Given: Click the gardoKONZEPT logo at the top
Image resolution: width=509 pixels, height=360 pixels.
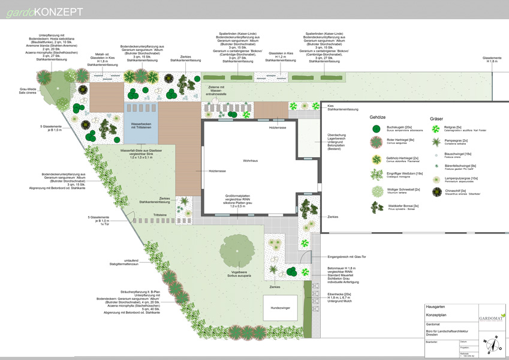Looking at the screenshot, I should coord(44,11).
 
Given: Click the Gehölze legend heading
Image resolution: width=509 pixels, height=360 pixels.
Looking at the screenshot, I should coord(382,119).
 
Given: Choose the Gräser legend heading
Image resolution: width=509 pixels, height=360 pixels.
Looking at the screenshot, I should coord(438,119).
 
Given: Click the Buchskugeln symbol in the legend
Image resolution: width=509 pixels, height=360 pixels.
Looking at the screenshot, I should coord(376,128).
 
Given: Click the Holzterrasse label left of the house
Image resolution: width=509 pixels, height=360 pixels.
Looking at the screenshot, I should coord(216,171).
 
